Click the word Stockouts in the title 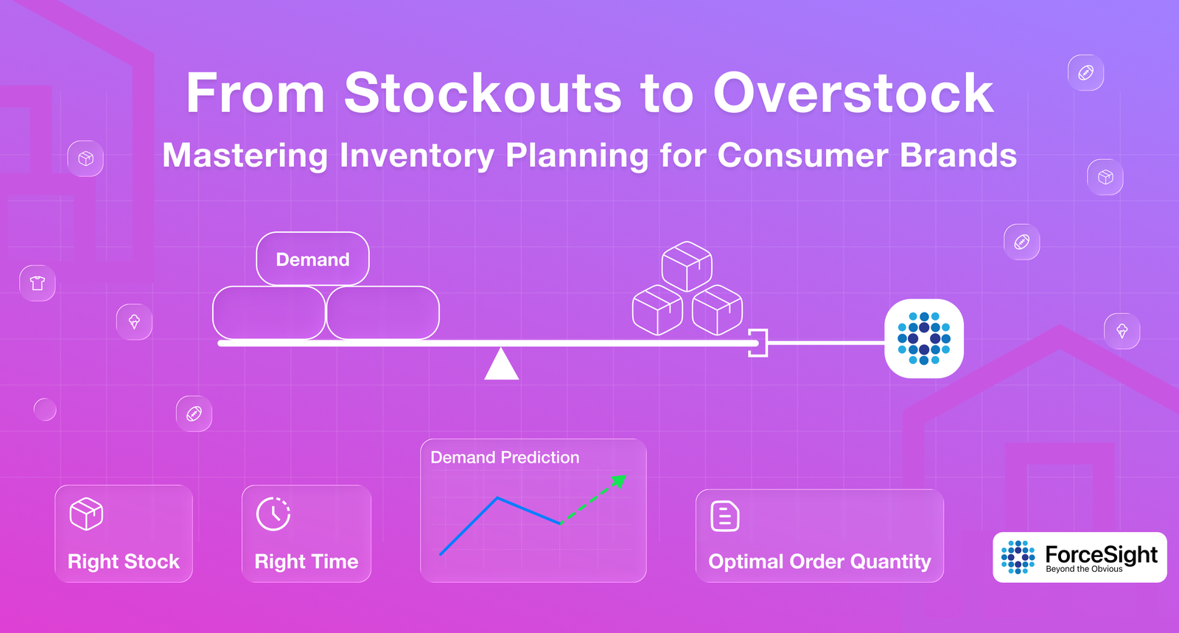pyautogui.click(x=483, y=94)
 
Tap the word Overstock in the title pyautogui.click(x=853, y=94)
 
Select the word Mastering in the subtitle pyautogui.click(x=245, y=156)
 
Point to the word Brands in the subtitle pyautogui.click(x=958, y=155)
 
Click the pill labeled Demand pyautogui.click(x=312, y=259)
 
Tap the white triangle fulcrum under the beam pyautogui.click(x=501, y=364)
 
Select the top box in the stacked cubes pyautogui.click(x=687, y=266)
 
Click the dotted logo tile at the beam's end pyautogui.click(x=924, y=338)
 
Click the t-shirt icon pyautogui.click(x=38, y=283)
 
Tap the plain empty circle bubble pyautogui.click(x=45, y=410)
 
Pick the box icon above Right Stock pyautogui.click(x=86, y=514)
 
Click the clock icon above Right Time pyautogui.click(x=273, y=514)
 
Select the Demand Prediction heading pyautogui.click(x=505, y=458)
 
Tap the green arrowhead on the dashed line pyautogui.click(x=620, y=480)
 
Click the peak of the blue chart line pyautogui.click(x=497, y=497)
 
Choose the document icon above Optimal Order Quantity pyautogui.click(x=725, y=516)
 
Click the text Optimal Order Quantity pyautogui.click(x=819, y=562)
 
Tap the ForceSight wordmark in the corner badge pyautogui.click(x=1101, y=554)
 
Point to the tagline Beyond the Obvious pyautogui.click(x=1084, y=569)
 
